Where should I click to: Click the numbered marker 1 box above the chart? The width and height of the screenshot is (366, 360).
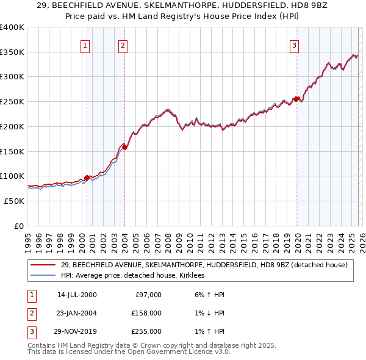point(85,45)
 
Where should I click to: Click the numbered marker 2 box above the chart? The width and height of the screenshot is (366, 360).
point(123,45)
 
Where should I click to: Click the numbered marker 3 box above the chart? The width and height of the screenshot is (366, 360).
point(294,45)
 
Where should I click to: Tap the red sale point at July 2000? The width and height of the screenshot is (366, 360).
point(87,178)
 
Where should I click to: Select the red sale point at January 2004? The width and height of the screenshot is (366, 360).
point(124,147)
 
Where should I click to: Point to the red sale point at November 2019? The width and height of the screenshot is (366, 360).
point(296,99)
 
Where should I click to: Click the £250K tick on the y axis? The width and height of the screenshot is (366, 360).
point(12,102)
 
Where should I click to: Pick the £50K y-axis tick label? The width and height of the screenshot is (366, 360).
point(14,201)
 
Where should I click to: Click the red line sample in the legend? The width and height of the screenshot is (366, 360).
point(43,265)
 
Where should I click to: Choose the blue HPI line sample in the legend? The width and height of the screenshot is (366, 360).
point(43,276)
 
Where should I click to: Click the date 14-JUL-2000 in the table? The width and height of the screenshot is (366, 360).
point(77,295)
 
